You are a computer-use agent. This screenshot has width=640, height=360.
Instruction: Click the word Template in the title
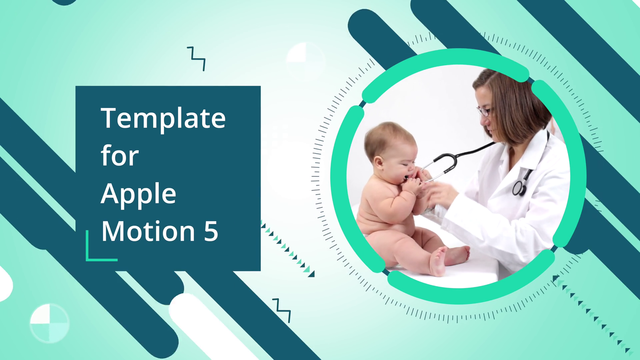click(x=163, y=118)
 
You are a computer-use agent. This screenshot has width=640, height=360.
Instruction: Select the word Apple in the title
click(x=138, y=194)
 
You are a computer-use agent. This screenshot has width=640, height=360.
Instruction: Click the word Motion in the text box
click(x=148, y=231)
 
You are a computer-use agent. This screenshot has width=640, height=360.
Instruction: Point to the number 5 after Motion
click(x=211, y=231)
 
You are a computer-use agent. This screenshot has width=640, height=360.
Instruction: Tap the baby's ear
click(x=379, y=163)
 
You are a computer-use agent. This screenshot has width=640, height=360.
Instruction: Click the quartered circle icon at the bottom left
click(x=49, y=323)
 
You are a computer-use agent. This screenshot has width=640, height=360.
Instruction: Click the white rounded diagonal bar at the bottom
click(x=213, y=327)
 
